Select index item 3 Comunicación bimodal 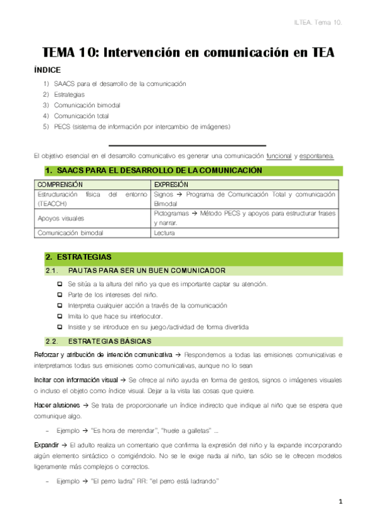tap(87, 105)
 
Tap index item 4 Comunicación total tap(82, 116)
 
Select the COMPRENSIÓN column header tap(60, 185)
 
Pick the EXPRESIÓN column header tap(171, 185)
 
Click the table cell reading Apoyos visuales tap(62, 218)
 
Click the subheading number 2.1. tap(51, 270)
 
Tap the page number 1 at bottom tap(340, 501)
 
